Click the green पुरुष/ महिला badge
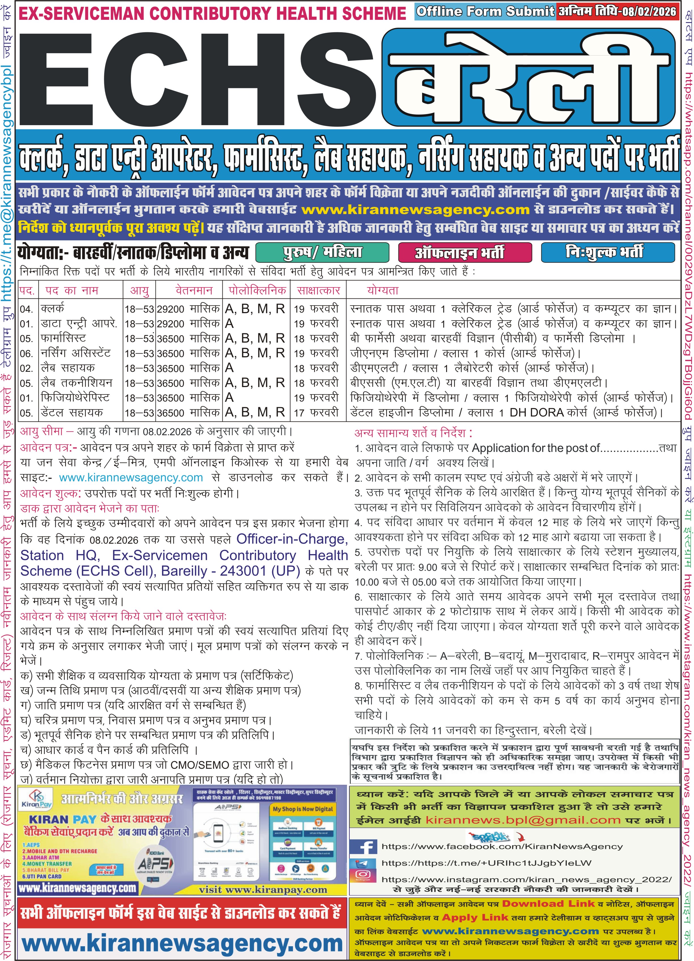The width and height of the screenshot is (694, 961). pos(322,253)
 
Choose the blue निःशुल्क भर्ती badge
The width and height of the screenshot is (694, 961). pos(607,253)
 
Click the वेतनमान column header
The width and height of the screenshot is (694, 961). pos(194,291)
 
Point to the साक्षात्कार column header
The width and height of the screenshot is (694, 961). pos(318,291)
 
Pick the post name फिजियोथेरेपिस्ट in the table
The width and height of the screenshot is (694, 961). pos(75,398)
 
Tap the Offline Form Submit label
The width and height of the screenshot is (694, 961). pos(485,11)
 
